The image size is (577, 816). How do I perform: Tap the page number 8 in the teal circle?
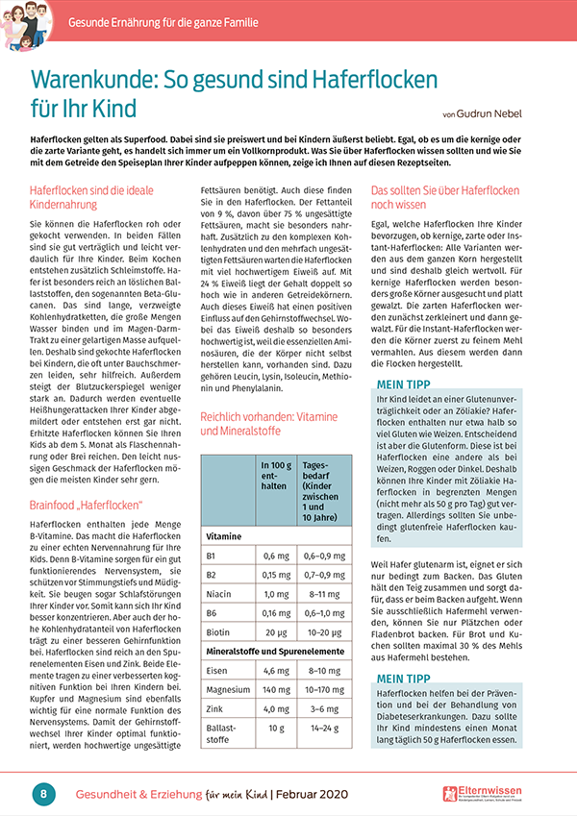(x=43, y=793)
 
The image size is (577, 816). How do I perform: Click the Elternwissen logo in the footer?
(x=494, y=793)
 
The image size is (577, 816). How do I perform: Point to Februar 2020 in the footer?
(x=323, y=794)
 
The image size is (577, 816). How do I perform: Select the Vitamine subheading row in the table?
(x=226, y=534)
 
